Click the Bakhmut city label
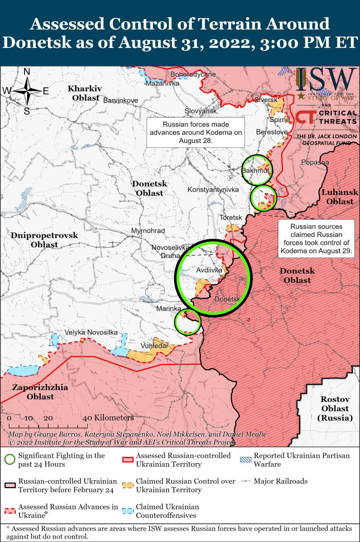[255, 171]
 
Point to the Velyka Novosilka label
[91, 332]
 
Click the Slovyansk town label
[201, 111]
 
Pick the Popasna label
[315, 162]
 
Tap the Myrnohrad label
[148, 231]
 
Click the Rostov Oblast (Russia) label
[335, 409]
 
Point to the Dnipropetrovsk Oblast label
[44, 240]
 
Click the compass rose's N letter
[27, 72]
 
